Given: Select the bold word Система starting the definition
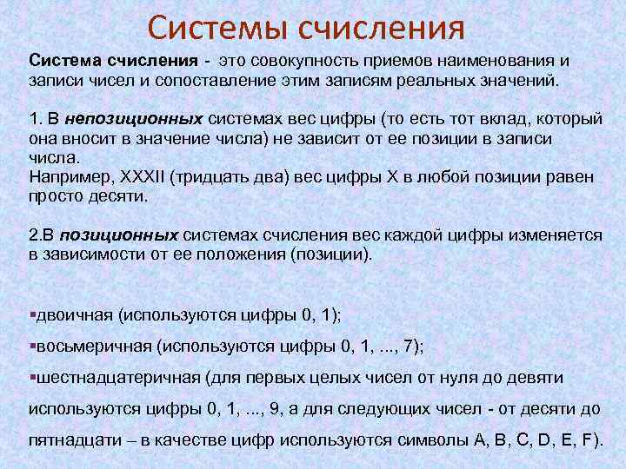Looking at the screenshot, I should (65, 62).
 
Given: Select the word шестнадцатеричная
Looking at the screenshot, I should (103, 378).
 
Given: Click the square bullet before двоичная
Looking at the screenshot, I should (31, 314).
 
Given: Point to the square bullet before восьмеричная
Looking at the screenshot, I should (31, 347).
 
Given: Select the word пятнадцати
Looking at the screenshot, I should (71, 439).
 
